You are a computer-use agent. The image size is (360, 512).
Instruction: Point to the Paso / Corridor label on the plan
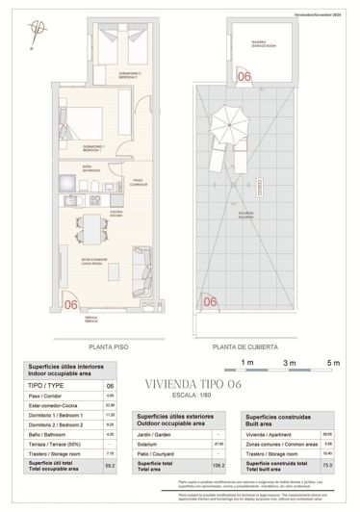139,181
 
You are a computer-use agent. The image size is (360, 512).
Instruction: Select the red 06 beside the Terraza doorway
70,304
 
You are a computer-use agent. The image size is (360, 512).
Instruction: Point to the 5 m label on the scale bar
333,363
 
